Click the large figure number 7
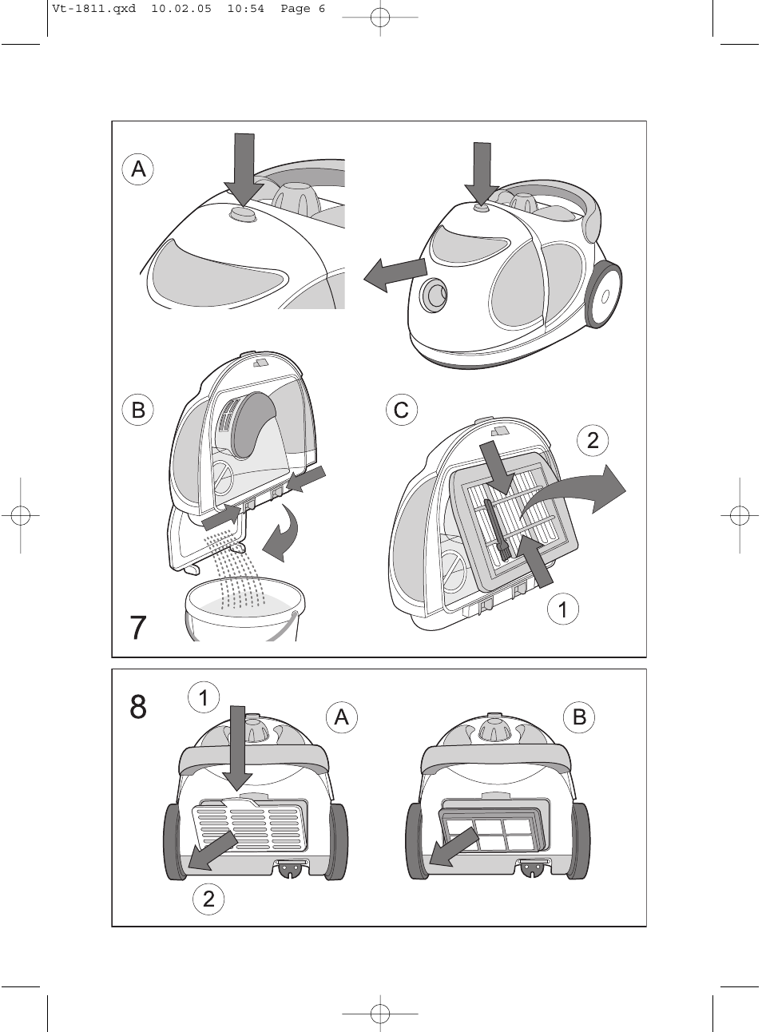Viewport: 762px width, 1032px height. (138, 628)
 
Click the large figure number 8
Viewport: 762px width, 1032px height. (138, 707)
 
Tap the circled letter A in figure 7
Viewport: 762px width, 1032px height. (138, 169)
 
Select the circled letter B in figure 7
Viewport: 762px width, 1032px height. (138, 410)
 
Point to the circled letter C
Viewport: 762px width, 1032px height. (401, 410)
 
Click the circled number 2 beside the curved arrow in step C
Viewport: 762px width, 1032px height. (592, 440)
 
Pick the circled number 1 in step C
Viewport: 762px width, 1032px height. (562, 610)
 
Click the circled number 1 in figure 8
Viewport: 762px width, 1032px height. (204, 697)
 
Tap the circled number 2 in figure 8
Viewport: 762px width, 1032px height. (208, 899)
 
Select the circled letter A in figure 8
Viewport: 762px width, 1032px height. (341, 717)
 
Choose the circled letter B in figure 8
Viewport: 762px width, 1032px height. (579, 716)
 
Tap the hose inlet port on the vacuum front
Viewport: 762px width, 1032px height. (436, 294)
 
